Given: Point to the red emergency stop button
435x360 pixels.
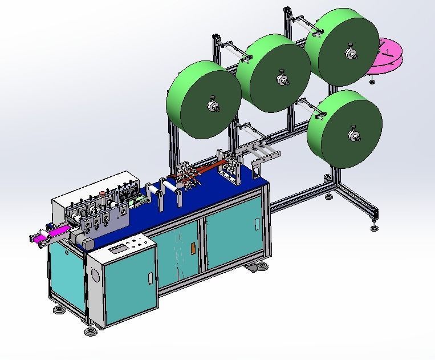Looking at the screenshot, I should click(x=103, y=192).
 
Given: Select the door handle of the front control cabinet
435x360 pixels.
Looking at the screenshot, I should click(x=150, y=279).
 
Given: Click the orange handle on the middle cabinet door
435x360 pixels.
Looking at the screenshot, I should click(x=192, y=249).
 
